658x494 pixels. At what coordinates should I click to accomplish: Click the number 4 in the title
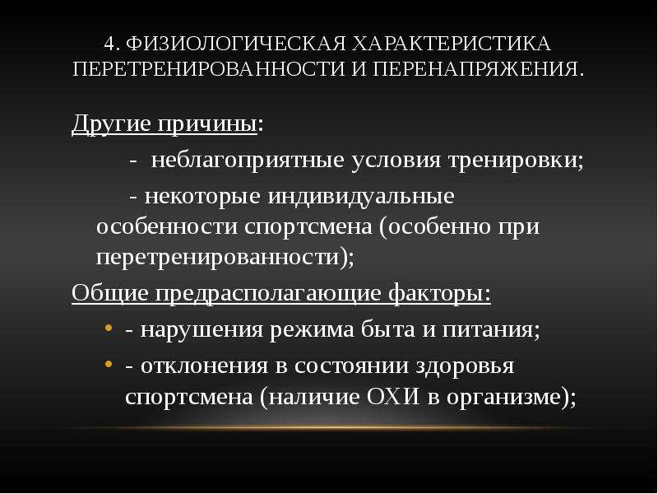[109, 44]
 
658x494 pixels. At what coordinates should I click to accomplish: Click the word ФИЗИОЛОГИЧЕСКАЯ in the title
[235, 44]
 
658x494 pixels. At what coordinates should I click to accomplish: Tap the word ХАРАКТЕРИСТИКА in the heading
[451, 44]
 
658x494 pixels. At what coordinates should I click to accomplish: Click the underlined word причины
[207, 124]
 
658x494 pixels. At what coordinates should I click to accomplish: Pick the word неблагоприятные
[248, 161]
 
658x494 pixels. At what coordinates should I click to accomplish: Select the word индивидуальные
[361, 196]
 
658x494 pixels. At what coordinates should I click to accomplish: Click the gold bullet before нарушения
[109, 327]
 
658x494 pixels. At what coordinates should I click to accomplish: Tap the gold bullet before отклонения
[109, 363]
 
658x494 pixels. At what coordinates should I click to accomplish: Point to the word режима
[312, 330]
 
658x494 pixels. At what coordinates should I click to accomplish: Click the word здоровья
[465, 366]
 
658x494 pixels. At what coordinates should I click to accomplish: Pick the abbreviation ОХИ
[394, 396]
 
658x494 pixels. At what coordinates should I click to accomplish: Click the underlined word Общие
[110, 293]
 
